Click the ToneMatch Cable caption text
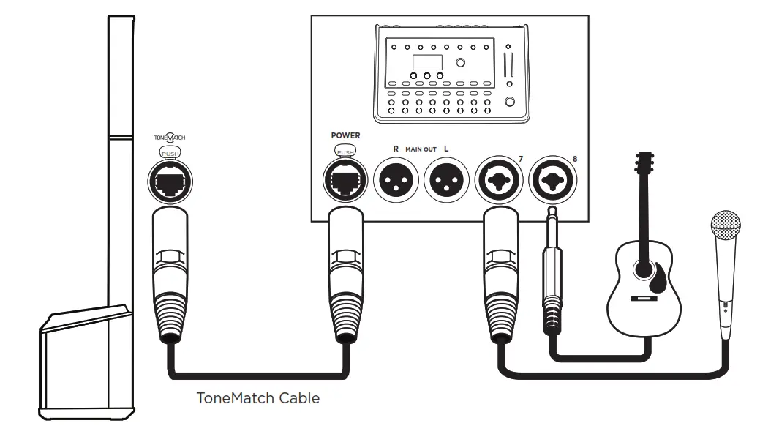pyautogui.click(x=258, y=399)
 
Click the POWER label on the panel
pyautogui.click(x=345, y=135)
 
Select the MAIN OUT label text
pyautogui.click(x=421, y=149)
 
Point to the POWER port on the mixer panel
pyautogui.click(x=345, y=179)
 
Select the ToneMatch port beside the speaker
pyautogui.click(x=169, y=178)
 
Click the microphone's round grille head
pyautogui.click(x=726, y=225)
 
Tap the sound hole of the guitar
pyautogui.click(x=644, y=269)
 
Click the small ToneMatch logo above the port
pyautogui.click(x=169, y=137)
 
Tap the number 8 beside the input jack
pyautogui.click(x=574, y=158)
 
